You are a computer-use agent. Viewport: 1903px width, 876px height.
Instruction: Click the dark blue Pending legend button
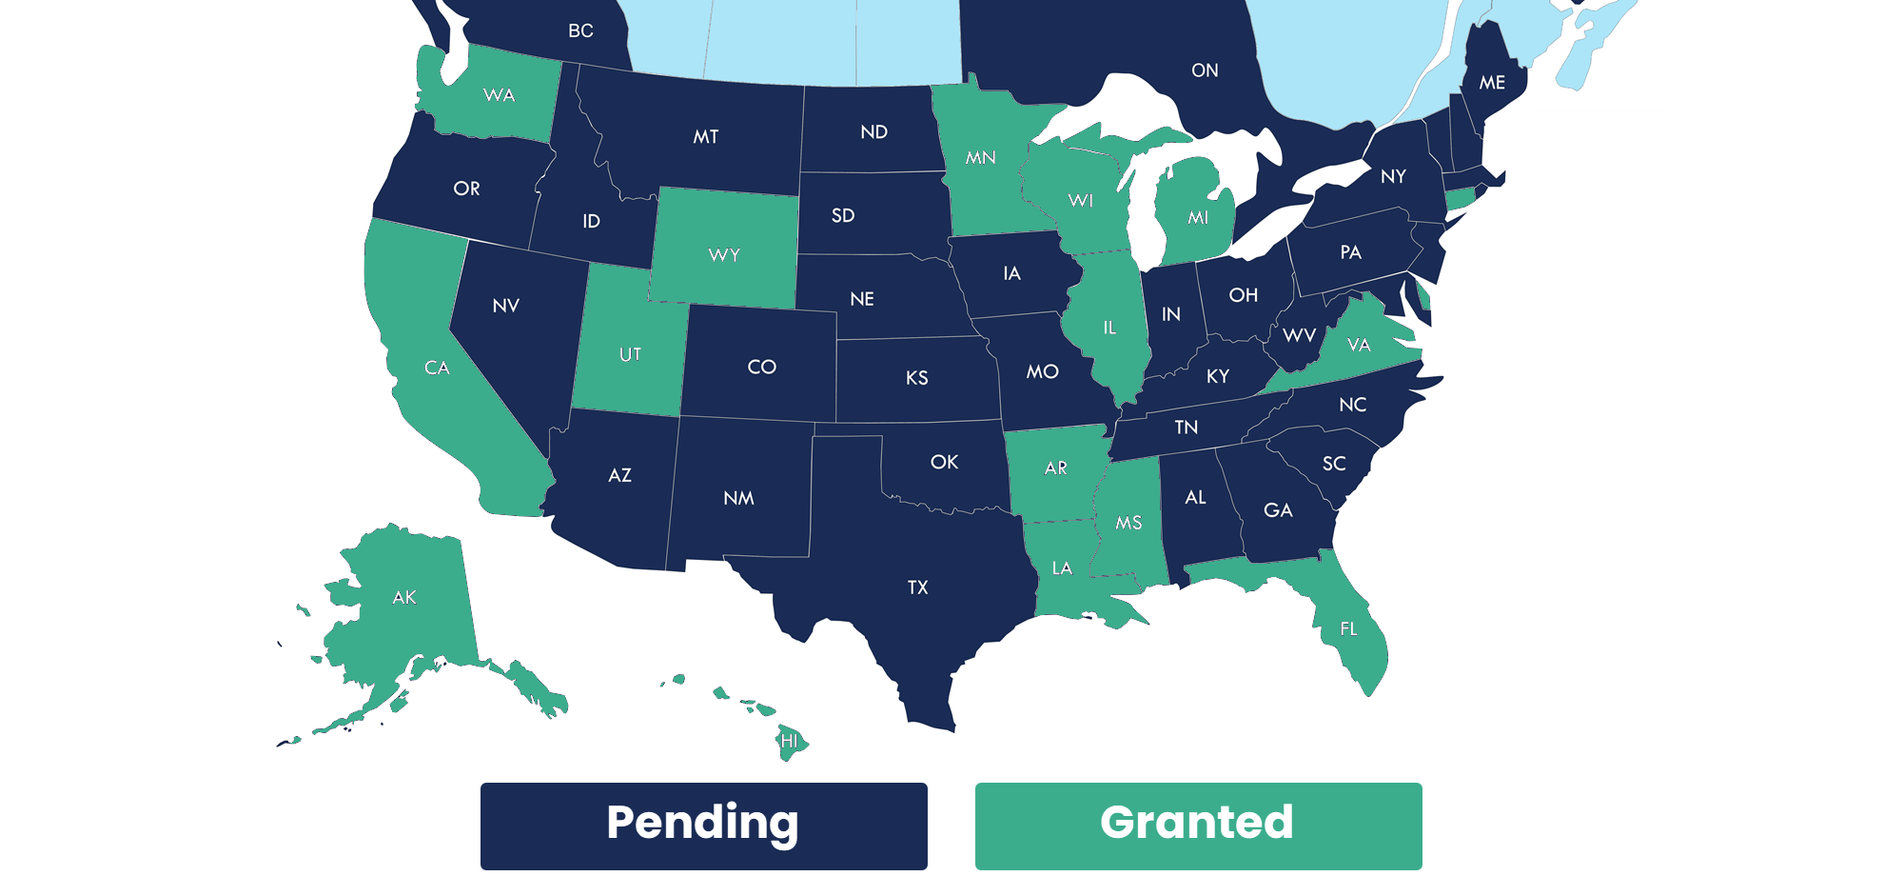[703, 825]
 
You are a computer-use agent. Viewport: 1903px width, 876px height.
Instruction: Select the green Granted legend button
[1198, 825]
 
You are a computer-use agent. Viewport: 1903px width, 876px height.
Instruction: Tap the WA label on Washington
[499, 95]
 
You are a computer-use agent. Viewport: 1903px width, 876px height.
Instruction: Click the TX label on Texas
[917, 587]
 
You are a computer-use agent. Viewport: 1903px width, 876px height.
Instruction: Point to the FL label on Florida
[1348, 628]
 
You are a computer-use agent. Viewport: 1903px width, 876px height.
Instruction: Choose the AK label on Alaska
[404, 597]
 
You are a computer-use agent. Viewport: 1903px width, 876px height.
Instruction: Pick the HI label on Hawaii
[789, 741]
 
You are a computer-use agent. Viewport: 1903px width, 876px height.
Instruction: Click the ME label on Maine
[1492, 83]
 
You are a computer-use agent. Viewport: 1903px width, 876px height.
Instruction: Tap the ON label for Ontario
[1205, 70]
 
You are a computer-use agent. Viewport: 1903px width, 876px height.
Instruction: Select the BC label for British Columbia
[580, 31]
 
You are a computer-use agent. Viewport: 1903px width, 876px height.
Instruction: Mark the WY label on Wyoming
[724, 255]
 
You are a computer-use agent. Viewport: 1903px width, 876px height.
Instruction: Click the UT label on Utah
[630, 355]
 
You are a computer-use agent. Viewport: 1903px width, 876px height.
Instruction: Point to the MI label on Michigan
[1198, 218]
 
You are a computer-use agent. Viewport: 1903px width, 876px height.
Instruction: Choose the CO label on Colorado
[761, 368]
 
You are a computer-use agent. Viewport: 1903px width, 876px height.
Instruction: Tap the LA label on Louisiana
[1062, 568]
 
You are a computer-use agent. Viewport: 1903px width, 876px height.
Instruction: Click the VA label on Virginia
[1359, 345]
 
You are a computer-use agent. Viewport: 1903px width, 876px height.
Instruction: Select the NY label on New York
[1393, 176]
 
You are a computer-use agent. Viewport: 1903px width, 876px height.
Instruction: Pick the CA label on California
[437, 368]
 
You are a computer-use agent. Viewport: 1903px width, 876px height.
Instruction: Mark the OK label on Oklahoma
[944, 462]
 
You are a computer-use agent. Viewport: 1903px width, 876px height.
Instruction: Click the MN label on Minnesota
[980, 158]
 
